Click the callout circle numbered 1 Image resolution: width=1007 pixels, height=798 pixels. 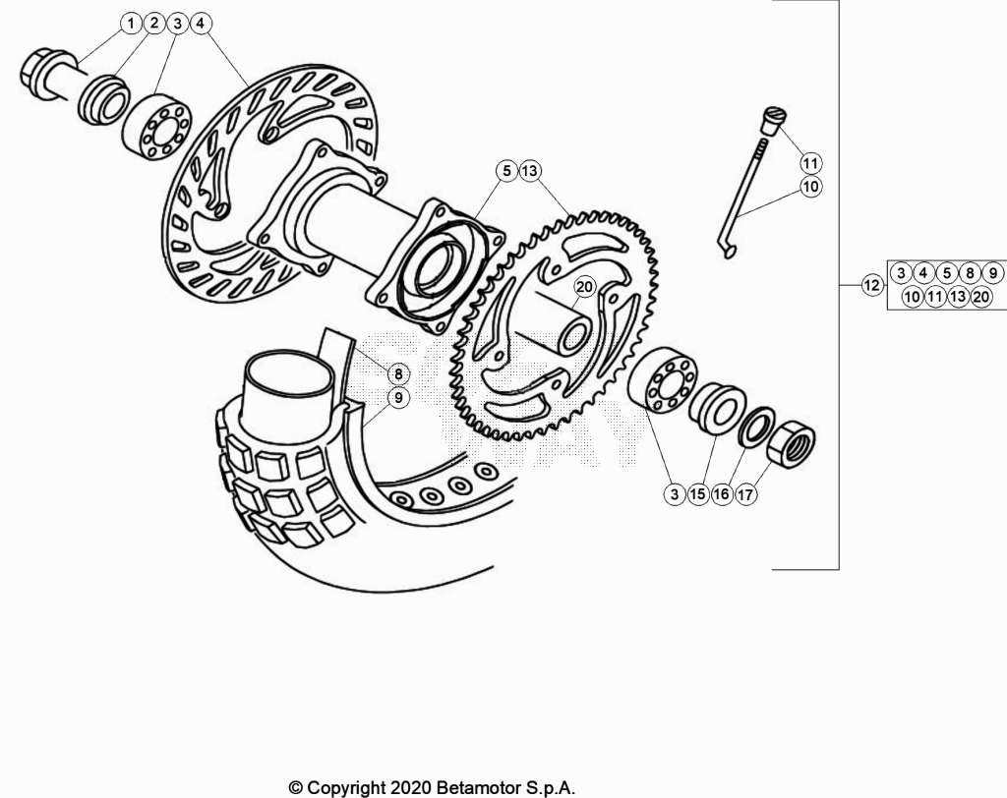pos(131,25)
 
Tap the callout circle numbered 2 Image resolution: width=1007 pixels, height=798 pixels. pos(154,24)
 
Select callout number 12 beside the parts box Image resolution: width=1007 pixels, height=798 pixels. pos(871,285)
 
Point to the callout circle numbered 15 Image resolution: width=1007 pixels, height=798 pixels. pos(697,494)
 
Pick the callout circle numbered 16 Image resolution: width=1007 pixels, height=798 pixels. pos(721,494)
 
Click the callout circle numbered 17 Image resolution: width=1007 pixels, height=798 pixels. pos(745,494)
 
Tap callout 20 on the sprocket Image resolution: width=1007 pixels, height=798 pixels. pos(584,286)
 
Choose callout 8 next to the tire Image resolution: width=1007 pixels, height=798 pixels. pos(398,373)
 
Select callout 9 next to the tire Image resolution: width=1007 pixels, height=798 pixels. pos(398,398)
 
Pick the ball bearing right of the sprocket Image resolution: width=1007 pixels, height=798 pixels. pos(662,379)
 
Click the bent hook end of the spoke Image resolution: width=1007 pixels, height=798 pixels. pos(727,249)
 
